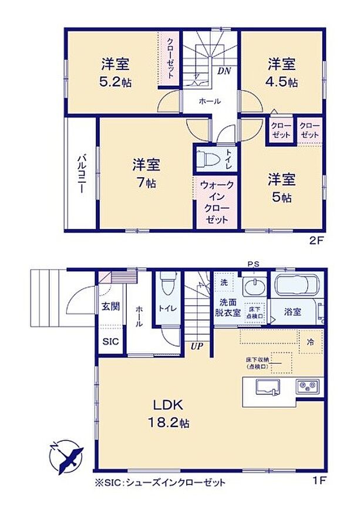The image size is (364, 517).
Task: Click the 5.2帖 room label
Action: (114, 72)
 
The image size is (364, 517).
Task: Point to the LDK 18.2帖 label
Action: (169, 413)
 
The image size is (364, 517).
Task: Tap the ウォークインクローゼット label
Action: (217, 202)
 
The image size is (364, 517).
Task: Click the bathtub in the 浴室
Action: (295, 287)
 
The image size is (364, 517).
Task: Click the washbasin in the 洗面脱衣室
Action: (254, 288)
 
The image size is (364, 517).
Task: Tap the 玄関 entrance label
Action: (110, 306)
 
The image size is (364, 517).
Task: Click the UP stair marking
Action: (196, 346)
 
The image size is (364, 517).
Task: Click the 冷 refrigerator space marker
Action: (309, 340)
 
